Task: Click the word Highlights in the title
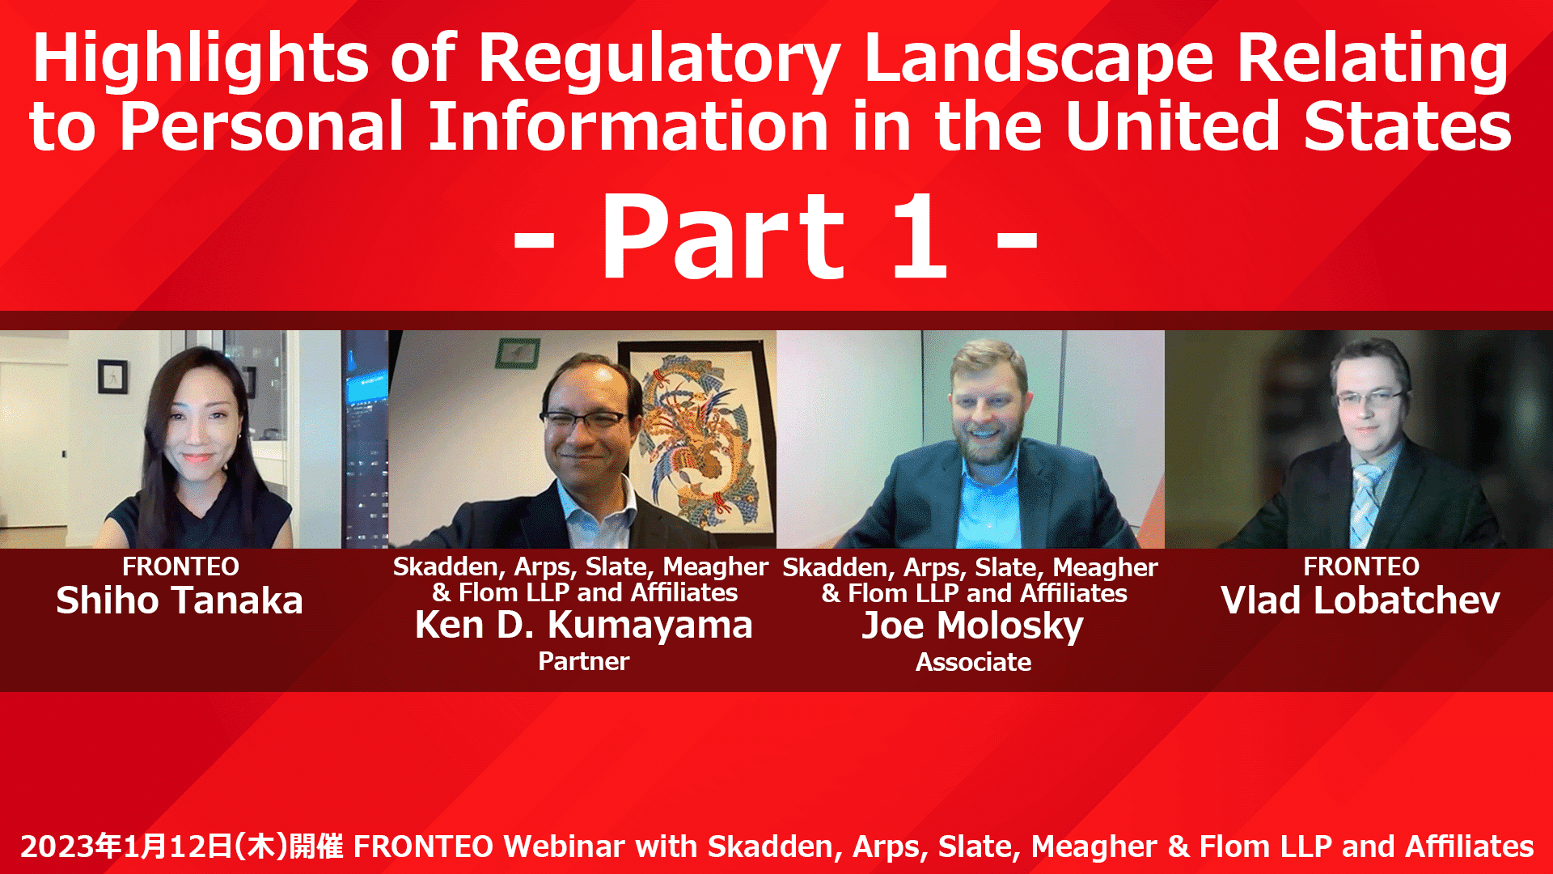pyautogui.click(x=201, y=60)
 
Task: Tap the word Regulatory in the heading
pyautogui.click(x=658, y=60)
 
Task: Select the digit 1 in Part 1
pyautogui.click(x=920, y=236)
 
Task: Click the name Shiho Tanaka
pyautogui.click(x=180, y=600)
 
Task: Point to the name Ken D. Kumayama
pyautogui.click(x=584, y=625)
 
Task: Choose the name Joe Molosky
pyautogui.click(x=972, y=626)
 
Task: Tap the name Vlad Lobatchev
pyautogui.click(x=1360, y=600)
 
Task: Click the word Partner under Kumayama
pyautogui.click(x=584, y=662)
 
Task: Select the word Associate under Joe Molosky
pyautogui.click(x=973, y=662)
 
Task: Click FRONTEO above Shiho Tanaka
pyautogui.click(x=180, y=566)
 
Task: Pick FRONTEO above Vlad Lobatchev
pyautogui.click(x=1361, y=566)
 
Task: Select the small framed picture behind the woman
pyautogui.click(x=112, y=376)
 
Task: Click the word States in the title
pyautogui.click(x=1407, y=127)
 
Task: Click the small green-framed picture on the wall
pyautogui.click(x=518, y=353)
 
